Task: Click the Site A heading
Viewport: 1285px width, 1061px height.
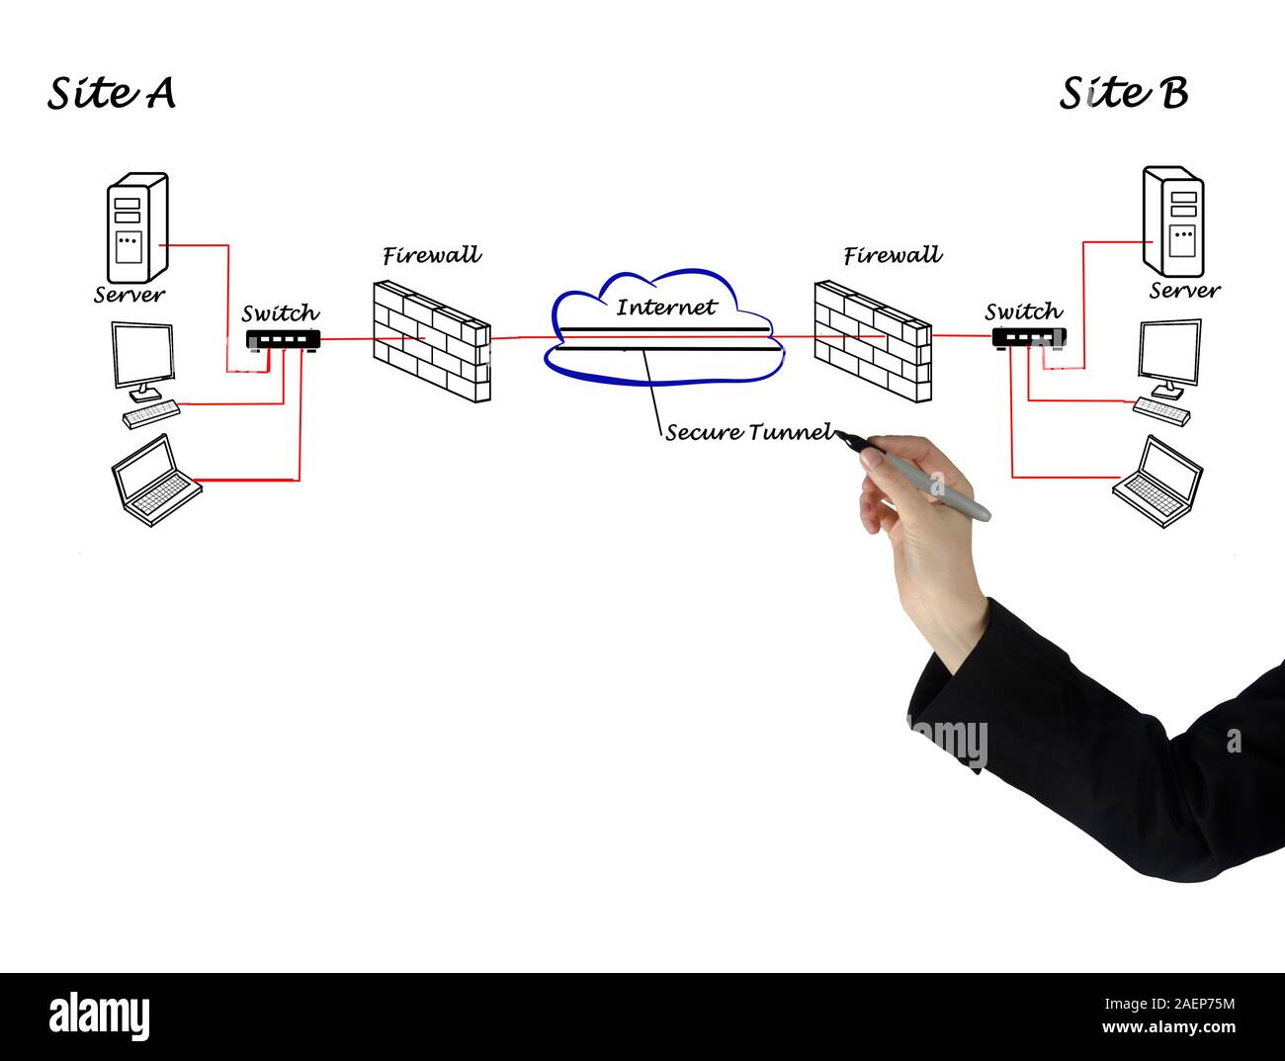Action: coord(112,93)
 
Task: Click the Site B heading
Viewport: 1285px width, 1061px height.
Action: coord(1124,93)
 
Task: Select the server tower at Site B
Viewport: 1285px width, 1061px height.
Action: coord(1173,221)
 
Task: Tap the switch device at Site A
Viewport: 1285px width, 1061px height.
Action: coord(283,340)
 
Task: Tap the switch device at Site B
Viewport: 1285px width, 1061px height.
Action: coord(1028,337)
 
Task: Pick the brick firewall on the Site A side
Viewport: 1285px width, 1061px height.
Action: coord(432,341)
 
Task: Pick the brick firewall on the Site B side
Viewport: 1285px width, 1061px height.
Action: coord(873,341)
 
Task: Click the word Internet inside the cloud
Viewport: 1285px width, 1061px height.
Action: coord(665,307)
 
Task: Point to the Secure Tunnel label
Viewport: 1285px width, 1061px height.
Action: coord(748,432)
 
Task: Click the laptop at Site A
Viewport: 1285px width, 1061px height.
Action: coord(155,480)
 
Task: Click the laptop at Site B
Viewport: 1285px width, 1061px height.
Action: coord(1159,482)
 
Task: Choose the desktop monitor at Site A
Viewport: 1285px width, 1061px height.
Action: coord(144,357)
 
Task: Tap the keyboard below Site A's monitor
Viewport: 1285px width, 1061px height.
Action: coord(151,414)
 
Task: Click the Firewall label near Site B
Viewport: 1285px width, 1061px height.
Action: coord(893,256)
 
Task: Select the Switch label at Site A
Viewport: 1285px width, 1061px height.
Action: coord(281,314)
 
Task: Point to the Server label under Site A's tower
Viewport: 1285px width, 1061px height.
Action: coord(129,295)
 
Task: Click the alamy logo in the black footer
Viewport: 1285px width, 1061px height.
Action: coord(99,1016)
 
